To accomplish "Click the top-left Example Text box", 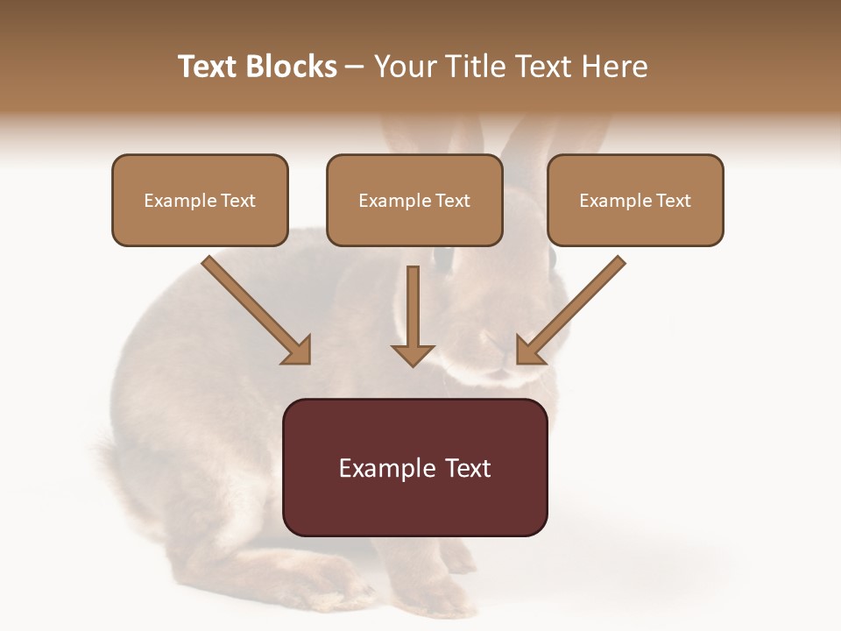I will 200,201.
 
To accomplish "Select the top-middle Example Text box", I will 414,201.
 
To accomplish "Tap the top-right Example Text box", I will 635,201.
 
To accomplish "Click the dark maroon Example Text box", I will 415,468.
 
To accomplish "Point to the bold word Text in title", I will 208,67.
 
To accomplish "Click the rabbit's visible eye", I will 443,258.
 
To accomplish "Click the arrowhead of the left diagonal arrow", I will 298,351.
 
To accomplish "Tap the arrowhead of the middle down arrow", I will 413,355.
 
